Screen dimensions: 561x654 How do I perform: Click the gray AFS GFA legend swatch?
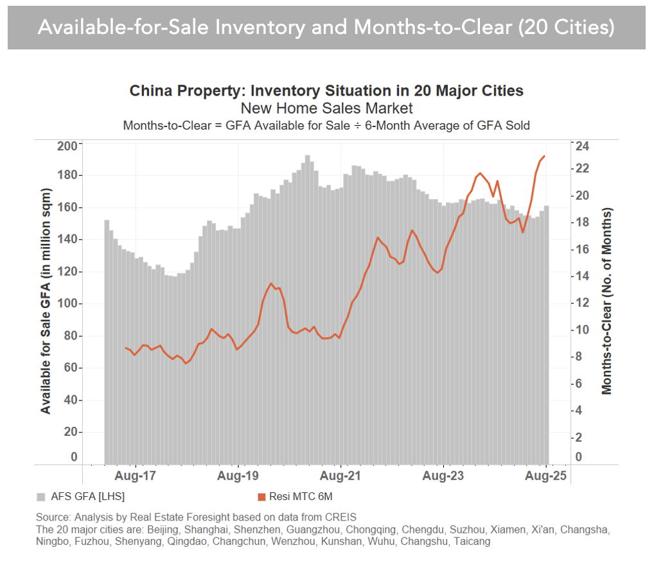40,497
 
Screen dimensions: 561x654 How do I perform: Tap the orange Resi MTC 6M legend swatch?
262,497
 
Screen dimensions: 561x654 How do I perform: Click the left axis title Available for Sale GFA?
46,301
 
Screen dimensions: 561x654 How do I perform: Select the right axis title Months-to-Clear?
606,301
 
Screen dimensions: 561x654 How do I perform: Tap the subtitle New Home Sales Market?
326,108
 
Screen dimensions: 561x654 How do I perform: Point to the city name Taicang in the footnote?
472,542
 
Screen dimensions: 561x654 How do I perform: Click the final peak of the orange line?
545,156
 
